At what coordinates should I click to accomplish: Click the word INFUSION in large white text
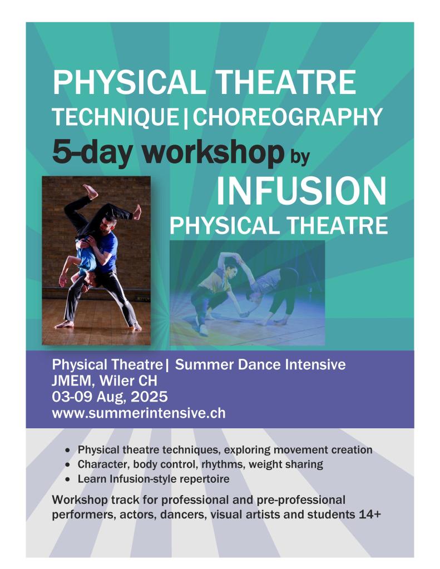point(301,191)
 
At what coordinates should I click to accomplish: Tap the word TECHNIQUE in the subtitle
point(116,117)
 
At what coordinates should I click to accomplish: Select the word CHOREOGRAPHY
point(287,117)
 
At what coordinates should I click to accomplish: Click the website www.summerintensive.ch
point(139,413)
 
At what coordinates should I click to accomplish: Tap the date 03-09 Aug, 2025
point(110,397)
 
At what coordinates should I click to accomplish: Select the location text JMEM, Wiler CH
point(105,380)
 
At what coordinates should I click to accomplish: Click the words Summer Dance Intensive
point(260,365)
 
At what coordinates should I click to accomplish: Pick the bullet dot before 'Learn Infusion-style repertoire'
point(67,479)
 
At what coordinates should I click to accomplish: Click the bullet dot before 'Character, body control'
point(67,465)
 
